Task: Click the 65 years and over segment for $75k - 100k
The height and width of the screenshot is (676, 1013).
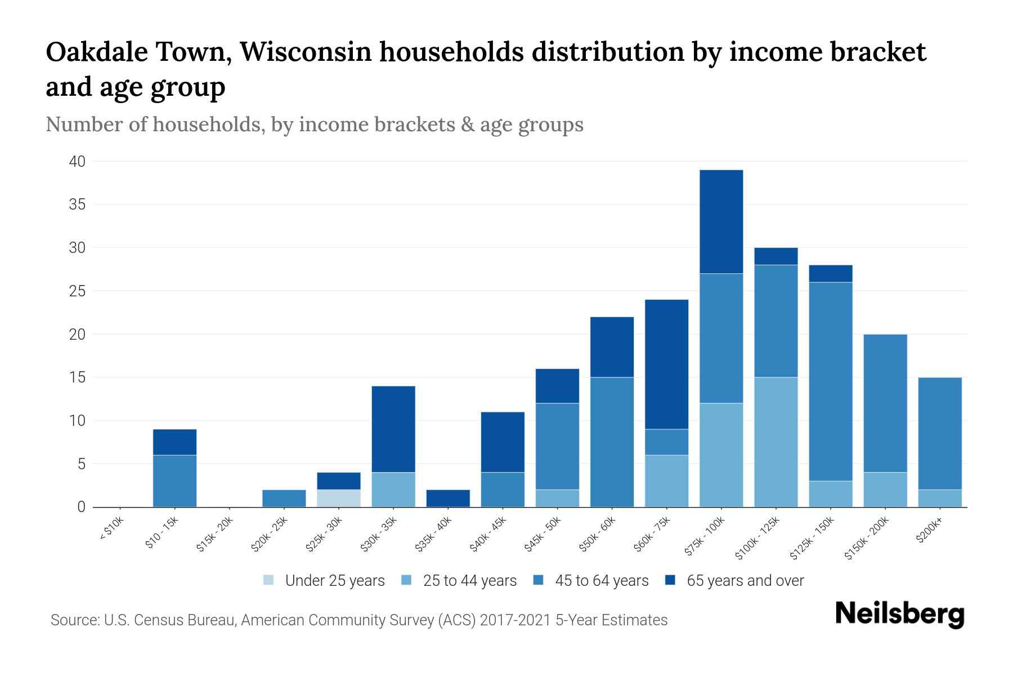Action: pos(721,221)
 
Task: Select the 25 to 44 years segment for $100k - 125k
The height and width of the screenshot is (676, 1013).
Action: pos(776,442)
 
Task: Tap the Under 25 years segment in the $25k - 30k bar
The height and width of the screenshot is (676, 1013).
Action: pos(339,498)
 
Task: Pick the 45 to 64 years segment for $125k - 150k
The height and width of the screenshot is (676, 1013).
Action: pos(830,381)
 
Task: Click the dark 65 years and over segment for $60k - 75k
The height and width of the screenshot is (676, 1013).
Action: pos(666,364)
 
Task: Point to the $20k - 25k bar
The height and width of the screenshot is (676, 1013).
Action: pos(284,498)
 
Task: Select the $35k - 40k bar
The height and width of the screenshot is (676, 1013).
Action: pos(448,498)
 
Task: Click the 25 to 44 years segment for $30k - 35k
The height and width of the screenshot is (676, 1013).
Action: pos(393,489)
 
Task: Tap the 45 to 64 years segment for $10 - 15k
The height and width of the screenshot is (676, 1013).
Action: pos(175,481)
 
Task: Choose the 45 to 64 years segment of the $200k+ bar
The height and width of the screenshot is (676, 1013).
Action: pos(939,433)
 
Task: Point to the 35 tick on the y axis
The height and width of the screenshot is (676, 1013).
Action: pos(77,204)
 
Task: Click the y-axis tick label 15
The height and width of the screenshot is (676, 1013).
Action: pos(78,377)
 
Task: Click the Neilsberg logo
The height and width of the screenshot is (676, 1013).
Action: pos(899,614)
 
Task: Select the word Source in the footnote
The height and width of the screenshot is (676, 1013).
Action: pos(74,620)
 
